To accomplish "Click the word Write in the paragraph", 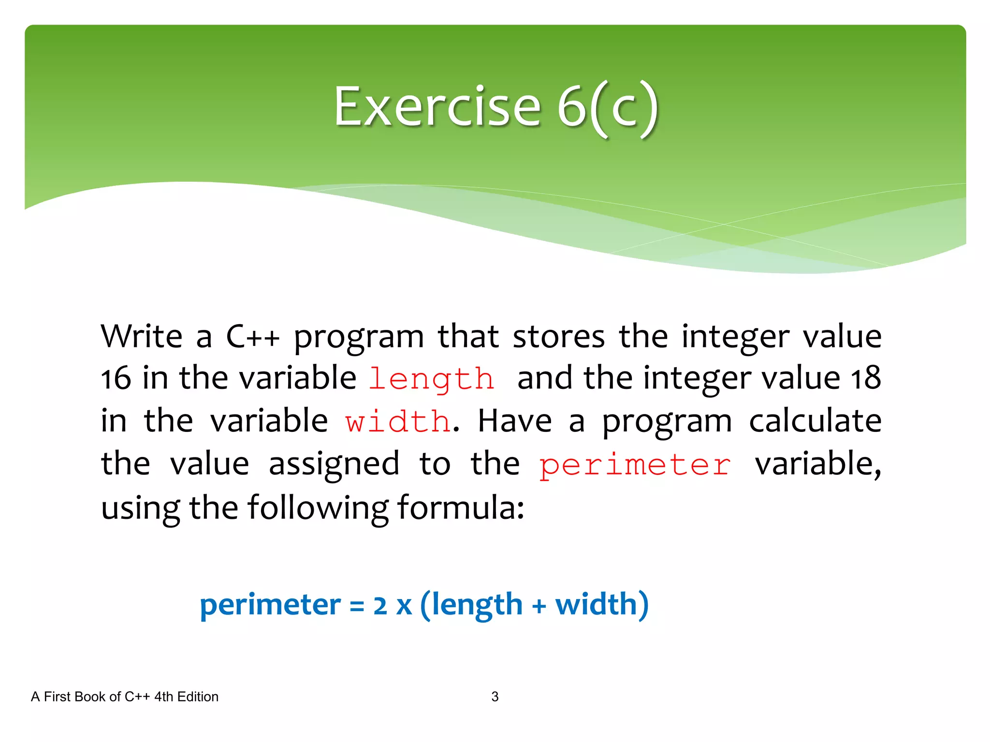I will point(142,336).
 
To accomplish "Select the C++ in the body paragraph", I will point(253,336).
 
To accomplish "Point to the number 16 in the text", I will point(116,378).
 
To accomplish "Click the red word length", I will point(432,379).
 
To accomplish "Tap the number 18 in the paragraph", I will point(866,378).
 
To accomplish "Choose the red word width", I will point(398,421).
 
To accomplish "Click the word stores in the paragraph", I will point(558,336).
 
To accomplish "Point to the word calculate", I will point(815,421).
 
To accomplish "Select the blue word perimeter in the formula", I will point(270,605).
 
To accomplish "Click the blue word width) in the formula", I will point(601,605).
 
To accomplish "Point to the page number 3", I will point(495,697).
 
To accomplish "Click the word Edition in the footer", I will point(198,697).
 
